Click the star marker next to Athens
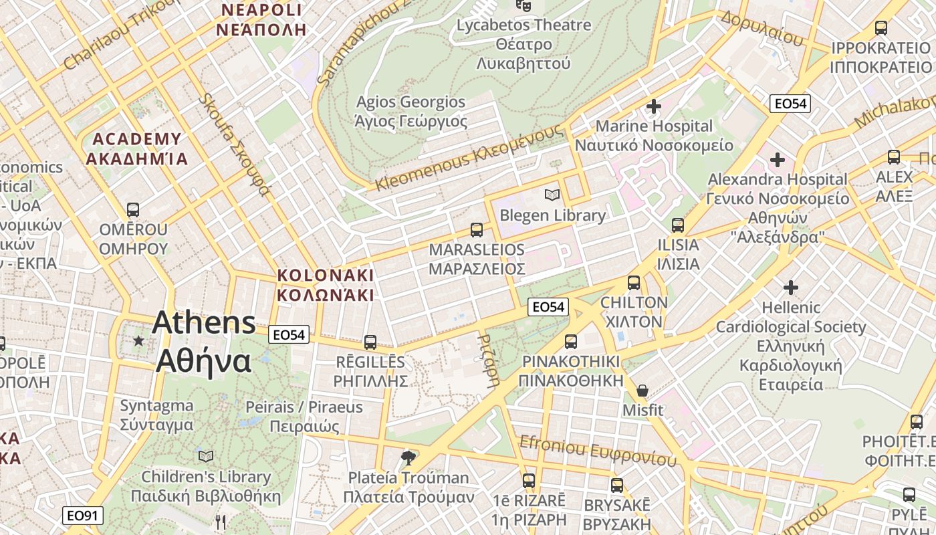[138, 341]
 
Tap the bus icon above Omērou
[133, 210]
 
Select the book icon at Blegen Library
[552, 195]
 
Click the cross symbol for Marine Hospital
[653, 106]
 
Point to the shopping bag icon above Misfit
[642, 390]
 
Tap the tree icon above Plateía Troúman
[408, 458]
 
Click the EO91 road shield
[84, 516]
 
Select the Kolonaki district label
[326, 285]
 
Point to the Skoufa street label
[234, 144]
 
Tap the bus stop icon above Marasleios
[477, 230]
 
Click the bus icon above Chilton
[633, 283]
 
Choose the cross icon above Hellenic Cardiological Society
[791, 288]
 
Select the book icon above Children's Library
[206, 456]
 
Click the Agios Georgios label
[411, 112]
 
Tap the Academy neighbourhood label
[137, 149]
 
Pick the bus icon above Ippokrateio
[881, 28]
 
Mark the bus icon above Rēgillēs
[370, 342]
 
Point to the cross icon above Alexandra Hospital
[777, 160]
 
